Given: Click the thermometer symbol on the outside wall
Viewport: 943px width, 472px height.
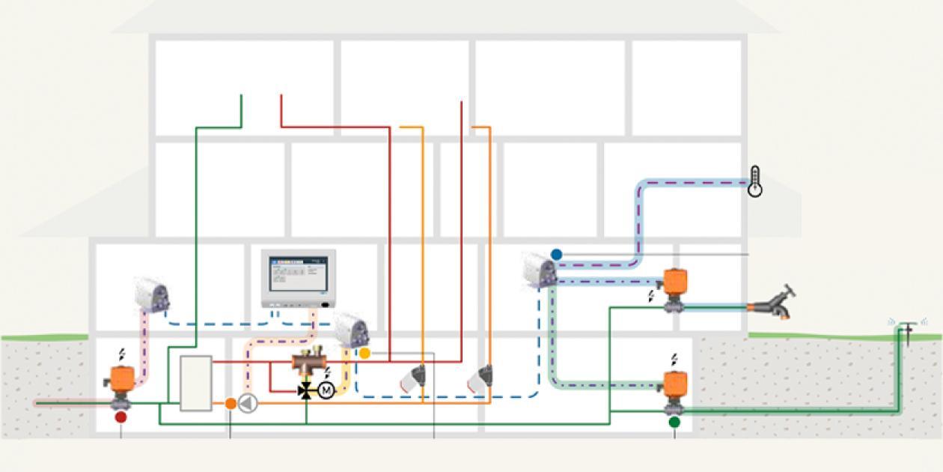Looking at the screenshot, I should pos(755,181).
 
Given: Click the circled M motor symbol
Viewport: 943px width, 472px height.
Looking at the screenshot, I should pos(326,390).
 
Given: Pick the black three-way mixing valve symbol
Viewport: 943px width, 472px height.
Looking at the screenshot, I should pos(305,390).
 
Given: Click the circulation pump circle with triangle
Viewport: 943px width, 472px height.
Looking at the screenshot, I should pos(248,404).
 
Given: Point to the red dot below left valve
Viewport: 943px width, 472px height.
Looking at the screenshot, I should pos(120,417).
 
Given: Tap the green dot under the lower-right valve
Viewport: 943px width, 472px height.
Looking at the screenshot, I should pos(674,423).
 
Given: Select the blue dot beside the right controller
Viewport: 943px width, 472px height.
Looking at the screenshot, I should pos(556,255).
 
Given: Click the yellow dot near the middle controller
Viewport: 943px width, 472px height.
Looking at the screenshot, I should pos(364,352).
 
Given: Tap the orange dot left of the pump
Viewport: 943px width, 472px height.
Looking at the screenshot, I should pos(231,404).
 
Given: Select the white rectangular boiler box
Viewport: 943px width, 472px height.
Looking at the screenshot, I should pos(195,383).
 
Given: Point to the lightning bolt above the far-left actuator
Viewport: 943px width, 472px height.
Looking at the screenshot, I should pos(122,354).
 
